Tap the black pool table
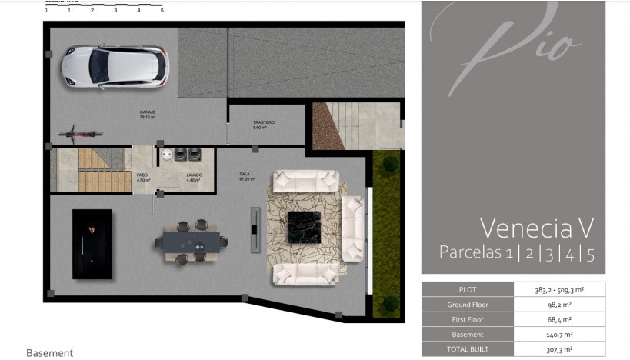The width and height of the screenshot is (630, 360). click(x=92, y=244)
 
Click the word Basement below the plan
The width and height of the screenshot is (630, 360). click(x=49, y=352)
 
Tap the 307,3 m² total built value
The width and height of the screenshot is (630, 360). click(x=558, y=348)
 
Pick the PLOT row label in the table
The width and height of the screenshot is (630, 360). click(x=468, y=290)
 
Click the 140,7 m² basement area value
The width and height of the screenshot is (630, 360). click(x=558, y=334)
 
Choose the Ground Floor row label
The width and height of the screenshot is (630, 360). click(x=468, y=305)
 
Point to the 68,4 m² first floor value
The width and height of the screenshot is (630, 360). click(x=558, y=319)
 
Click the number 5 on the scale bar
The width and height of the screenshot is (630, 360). click(x=162, y=11)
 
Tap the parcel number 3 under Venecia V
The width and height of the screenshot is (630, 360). click(x=548, y=252)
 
